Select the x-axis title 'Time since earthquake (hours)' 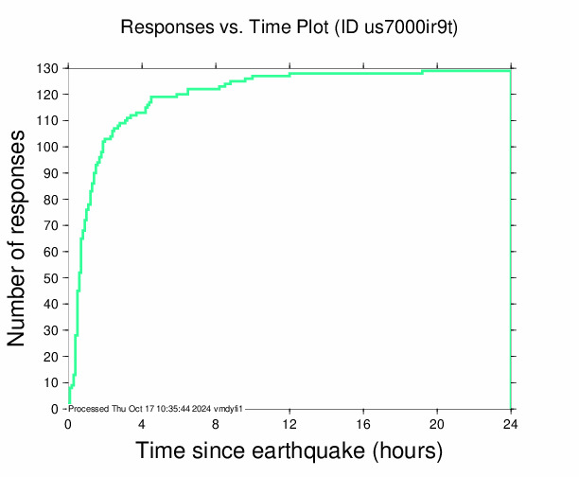click(x=289, y=450)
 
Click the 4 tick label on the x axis click(x=142, y=423)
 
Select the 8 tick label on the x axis click(x=216, y=423)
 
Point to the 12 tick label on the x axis click(x=289, y=423)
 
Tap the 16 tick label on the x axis click(x=363, y=423)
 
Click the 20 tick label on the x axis click(x=437, y=423)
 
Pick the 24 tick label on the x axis click(x=511, y=423)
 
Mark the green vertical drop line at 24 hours click(x=511, y=237)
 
